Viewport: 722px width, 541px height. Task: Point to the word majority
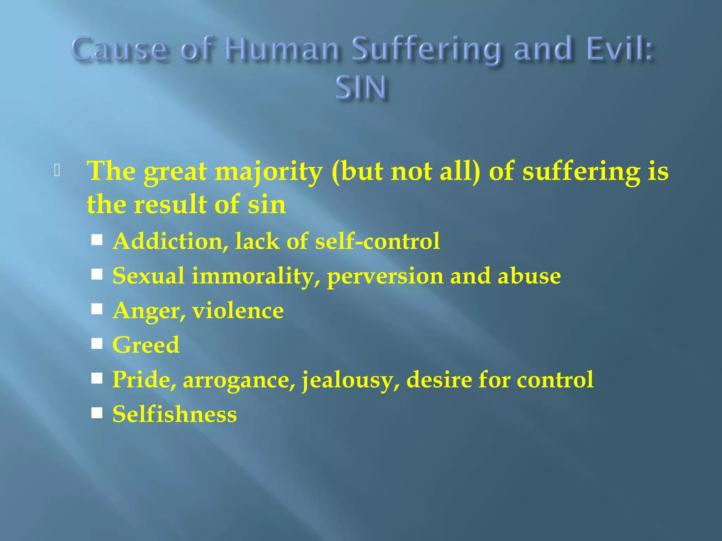click(x=269, y=172)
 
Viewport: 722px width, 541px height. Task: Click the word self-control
click(x=378, y=241)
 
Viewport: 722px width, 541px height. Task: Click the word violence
click(x=238, y=311)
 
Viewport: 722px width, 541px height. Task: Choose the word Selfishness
click(x=175, y=414)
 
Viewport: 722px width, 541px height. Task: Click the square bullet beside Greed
click(x=97, y=343)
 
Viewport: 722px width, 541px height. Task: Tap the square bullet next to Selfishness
click(x=97, y=413)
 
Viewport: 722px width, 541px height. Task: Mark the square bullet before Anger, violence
click(x=97, y=309)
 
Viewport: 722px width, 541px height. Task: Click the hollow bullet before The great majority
click(x=57, y=170)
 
